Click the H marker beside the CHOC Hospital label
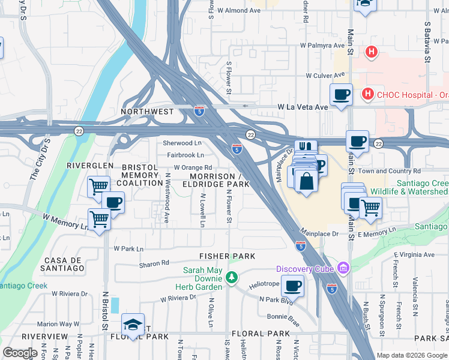point(367,94)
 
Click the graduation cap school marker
point(133,325)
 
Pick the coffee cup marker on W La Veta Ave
point(342,94)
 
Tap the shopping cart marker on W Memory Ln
point(99,219)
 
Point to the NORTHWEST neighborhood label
point(147,112)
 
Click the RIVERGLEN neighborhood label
point(90,165)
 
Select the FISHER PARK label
point(228,256)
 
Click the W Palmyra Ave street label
point(322,45)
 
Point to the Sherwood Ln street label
point(182,143)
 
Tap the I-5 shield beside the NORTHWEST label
point(199,111)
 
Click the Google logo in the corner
point(20,352)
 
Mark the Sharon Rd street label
point(154,263)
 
